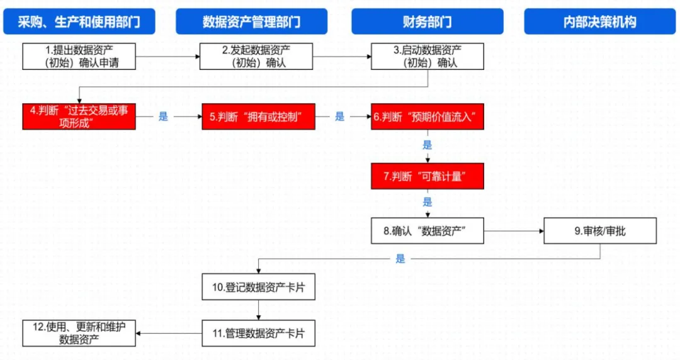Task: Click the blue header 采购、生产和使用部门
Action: point(79,21)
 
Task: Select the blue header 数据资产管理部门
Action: point(251,21)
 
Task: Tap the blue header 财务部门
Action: point(427,21)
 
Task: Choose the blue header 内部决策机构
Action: point(599,21)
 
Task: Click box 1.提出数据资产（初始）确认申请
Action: point(79,56)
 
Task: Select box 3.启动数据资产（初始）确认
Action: point(428,56)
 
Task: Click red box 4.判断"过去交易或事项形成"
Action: point(79,116)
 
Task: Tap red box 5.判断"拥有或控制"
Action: point(258,116)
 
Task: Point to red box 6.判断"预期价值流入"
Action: point(428,116)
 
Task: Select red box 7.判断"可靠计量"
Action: point(428,177)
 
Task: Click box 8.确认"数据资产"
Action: point(428,231)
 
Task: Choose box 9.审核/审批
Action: point(599,231)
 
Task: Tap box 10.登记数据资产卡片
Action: point(258,287)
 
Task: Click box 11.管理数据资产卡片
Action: point(258,333)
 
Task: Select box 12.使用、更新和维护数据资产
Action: point(79,333)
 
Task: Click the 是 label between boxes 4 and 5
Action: point(163,116)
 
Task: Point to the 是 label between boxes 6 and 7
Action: point(428,145)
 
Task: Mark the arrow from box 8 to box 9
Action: point(513,231)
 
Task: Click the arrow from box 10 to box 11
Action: point(258,310)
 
